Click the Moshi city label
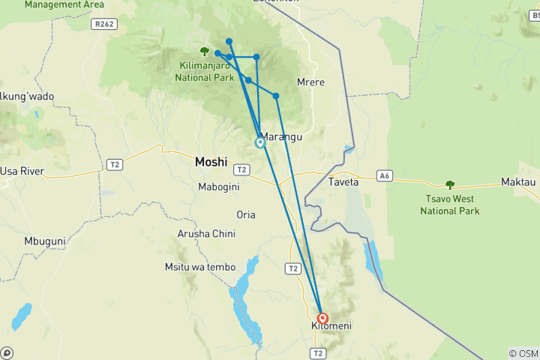point(210,161)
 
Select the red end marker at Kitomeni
point(322,318)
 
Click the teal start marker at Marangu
point(260,142)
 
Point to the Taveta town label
point(343,182)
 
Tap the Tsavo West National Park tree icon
point(450,184)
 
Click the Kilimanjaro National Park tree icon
point(205,51)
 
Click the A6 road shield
point(385,176)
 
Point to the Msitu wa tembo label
point(199,267)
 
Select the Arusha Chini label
point(206,234)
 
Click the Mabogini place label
point(217,187)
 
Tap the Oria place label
point(246,214)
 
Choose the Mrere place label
point(310,82)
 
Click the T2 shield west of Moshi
point(114,163)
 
